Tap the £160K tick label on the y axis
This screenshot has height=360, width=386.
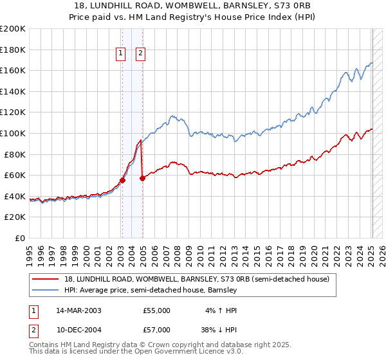pyautogui.click(x=13, y=70)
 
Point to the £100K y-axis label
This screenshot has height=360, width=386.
pyautogui.click(x=13, y=133)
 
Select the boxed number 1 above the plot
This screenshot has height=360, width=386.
pyautogui.click(x=121, y=55)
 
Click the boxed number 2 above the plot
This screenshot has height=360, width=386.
pyautogui.click(x=140, y=55)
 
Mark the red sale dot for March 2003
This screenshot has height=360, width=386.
pyautogui.click(x=122, y=180)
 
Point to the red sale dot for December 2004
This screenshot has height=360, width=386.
pyautogui.click(x=142, y=178)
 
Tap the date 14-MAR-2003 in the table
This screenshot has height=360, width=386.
pyautogui.click(x=78, y=310)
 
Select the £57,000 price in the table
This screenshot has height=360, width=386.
pyautogui.click(x=156, y=330)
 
